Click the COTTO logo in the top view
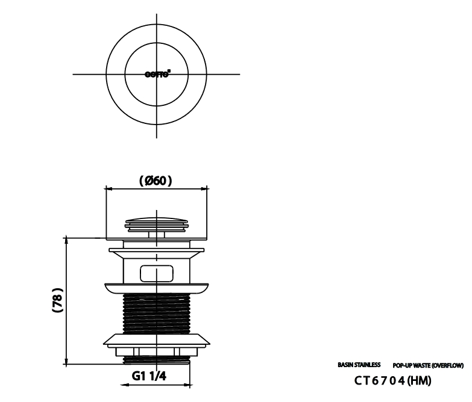click(157, 75)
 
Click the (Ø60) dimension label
click(156, 180)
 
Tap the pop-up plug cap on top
click(157, 221)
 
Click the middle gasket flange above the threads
click(157, 288)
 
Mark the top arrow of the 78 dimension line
click(66, 239)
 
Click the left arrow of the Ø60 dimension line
click(108, 188)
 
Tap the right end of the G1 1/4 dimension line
click(190, 385)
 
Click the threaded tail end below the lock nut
click(157, 359)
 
